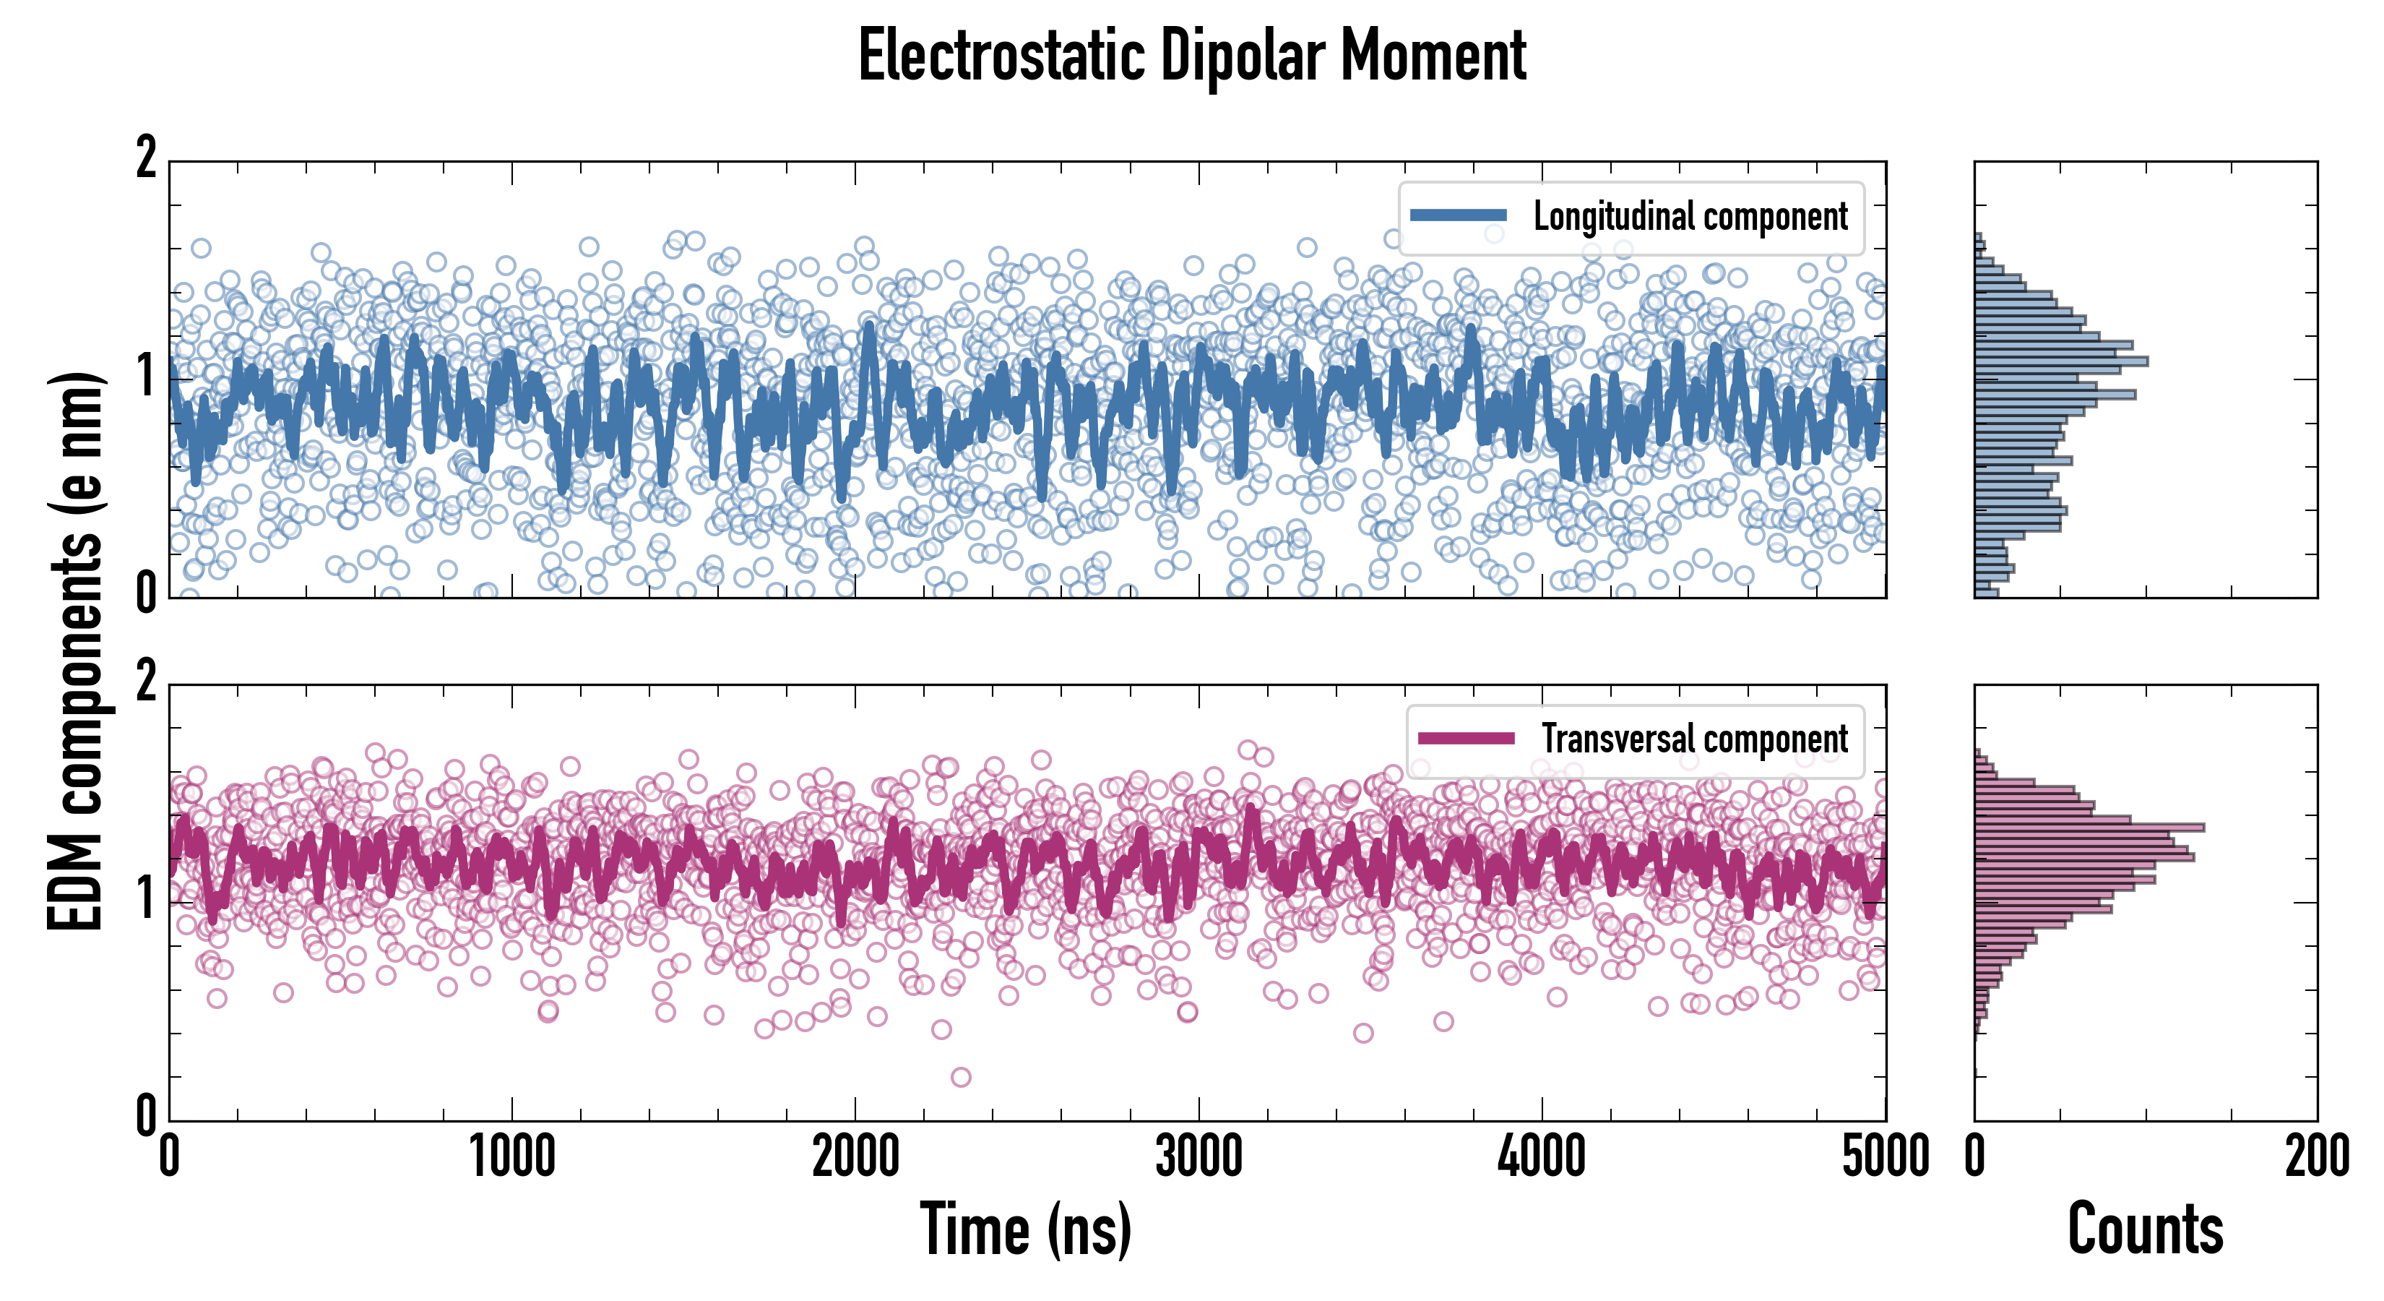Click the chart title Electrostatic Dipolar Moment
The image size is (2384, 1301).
tap(1192, 56)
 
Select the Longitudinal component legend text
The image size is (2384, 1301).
tap(1690, 217)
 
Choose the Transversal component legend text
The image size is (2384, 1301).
tap(1693, 739)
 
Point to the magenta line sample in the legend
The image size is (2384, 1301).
tap(1466, 739)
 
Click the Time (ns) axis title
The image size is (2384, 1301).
tap(1025, 1229)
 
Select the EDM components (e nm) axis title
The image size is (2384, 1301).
tap(76, 652)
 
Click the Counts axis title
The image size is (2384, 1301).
tap(2145, 1229)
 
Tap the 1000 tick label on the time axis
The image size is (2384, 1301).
tap(511, 1157)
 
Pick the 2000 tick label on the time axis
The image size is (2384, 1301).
tap(855, 1157)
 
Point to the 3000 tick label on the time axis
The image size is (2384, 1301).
tap(1199, 1157)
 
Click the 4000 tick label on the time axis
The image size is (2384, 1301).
tap(1542, 1157)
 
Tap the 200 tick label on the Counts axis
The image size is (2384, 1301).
tap(2316, 1157)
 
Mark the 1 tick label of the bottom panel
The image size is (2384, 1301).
tap(146, 898)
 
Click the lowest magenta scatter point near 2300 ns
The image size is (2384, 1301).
tap(961, 1077)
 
